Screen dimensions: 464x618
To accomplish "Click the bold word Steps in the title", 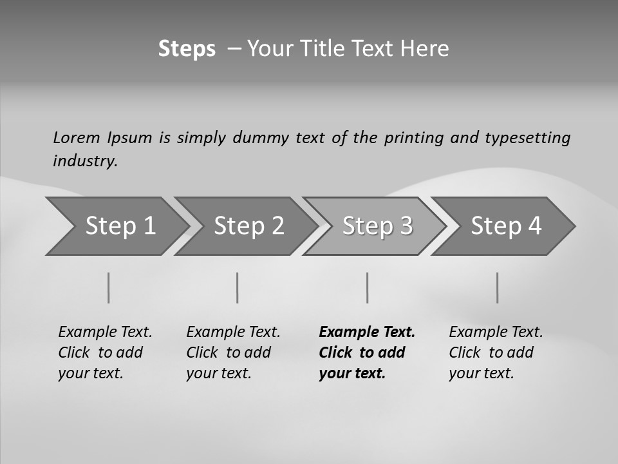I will [x=187, y=49].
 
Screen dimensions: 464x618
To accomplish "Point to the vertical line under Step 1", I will [x=109, y=288].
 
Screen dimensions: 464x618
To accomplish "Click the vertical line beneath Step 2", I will [x=238, y=288].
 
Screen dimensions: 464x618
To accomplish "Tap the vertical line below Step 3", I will [x=368, y=288].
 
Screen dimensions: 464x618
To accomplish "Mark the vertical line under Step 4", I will [x=498, y=288].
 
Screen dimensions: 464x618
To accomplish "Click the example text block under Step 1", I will [x=105, y=353].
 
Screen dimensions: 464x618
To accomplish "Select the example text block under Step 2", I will [x=233, y=353].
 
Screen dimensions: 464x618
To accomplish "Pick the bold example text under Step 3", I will [x=367, y=353].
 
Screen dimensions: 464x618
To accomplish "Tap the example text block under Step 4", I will [x=496, y=353].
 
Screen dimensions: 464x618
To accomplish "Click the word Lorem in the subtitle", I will [x=77, y=138].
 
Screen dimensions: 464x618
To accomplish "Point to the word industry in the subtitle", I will [x=85, y=161].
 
